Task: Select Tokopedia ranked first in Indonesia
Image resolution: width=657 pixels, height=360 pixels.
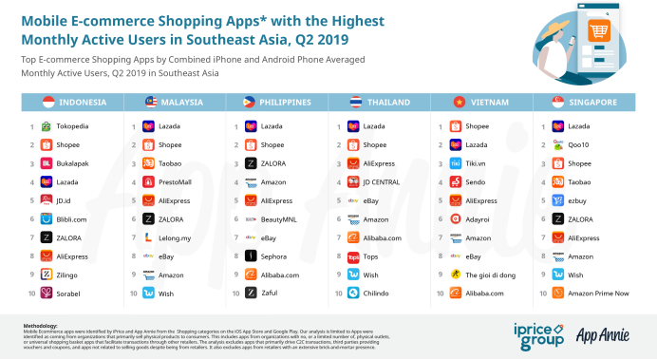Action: [x=74, y=125]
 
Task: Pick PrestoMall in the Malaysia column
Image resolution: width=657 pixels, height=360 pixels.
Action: [x=176, y=181]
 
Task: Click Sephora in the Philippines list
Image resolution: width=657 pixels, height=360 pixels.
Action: [x=273, y=256]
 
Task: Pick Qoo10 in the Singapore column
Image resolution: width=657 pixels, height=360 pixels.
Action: [x=580, y=144]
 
